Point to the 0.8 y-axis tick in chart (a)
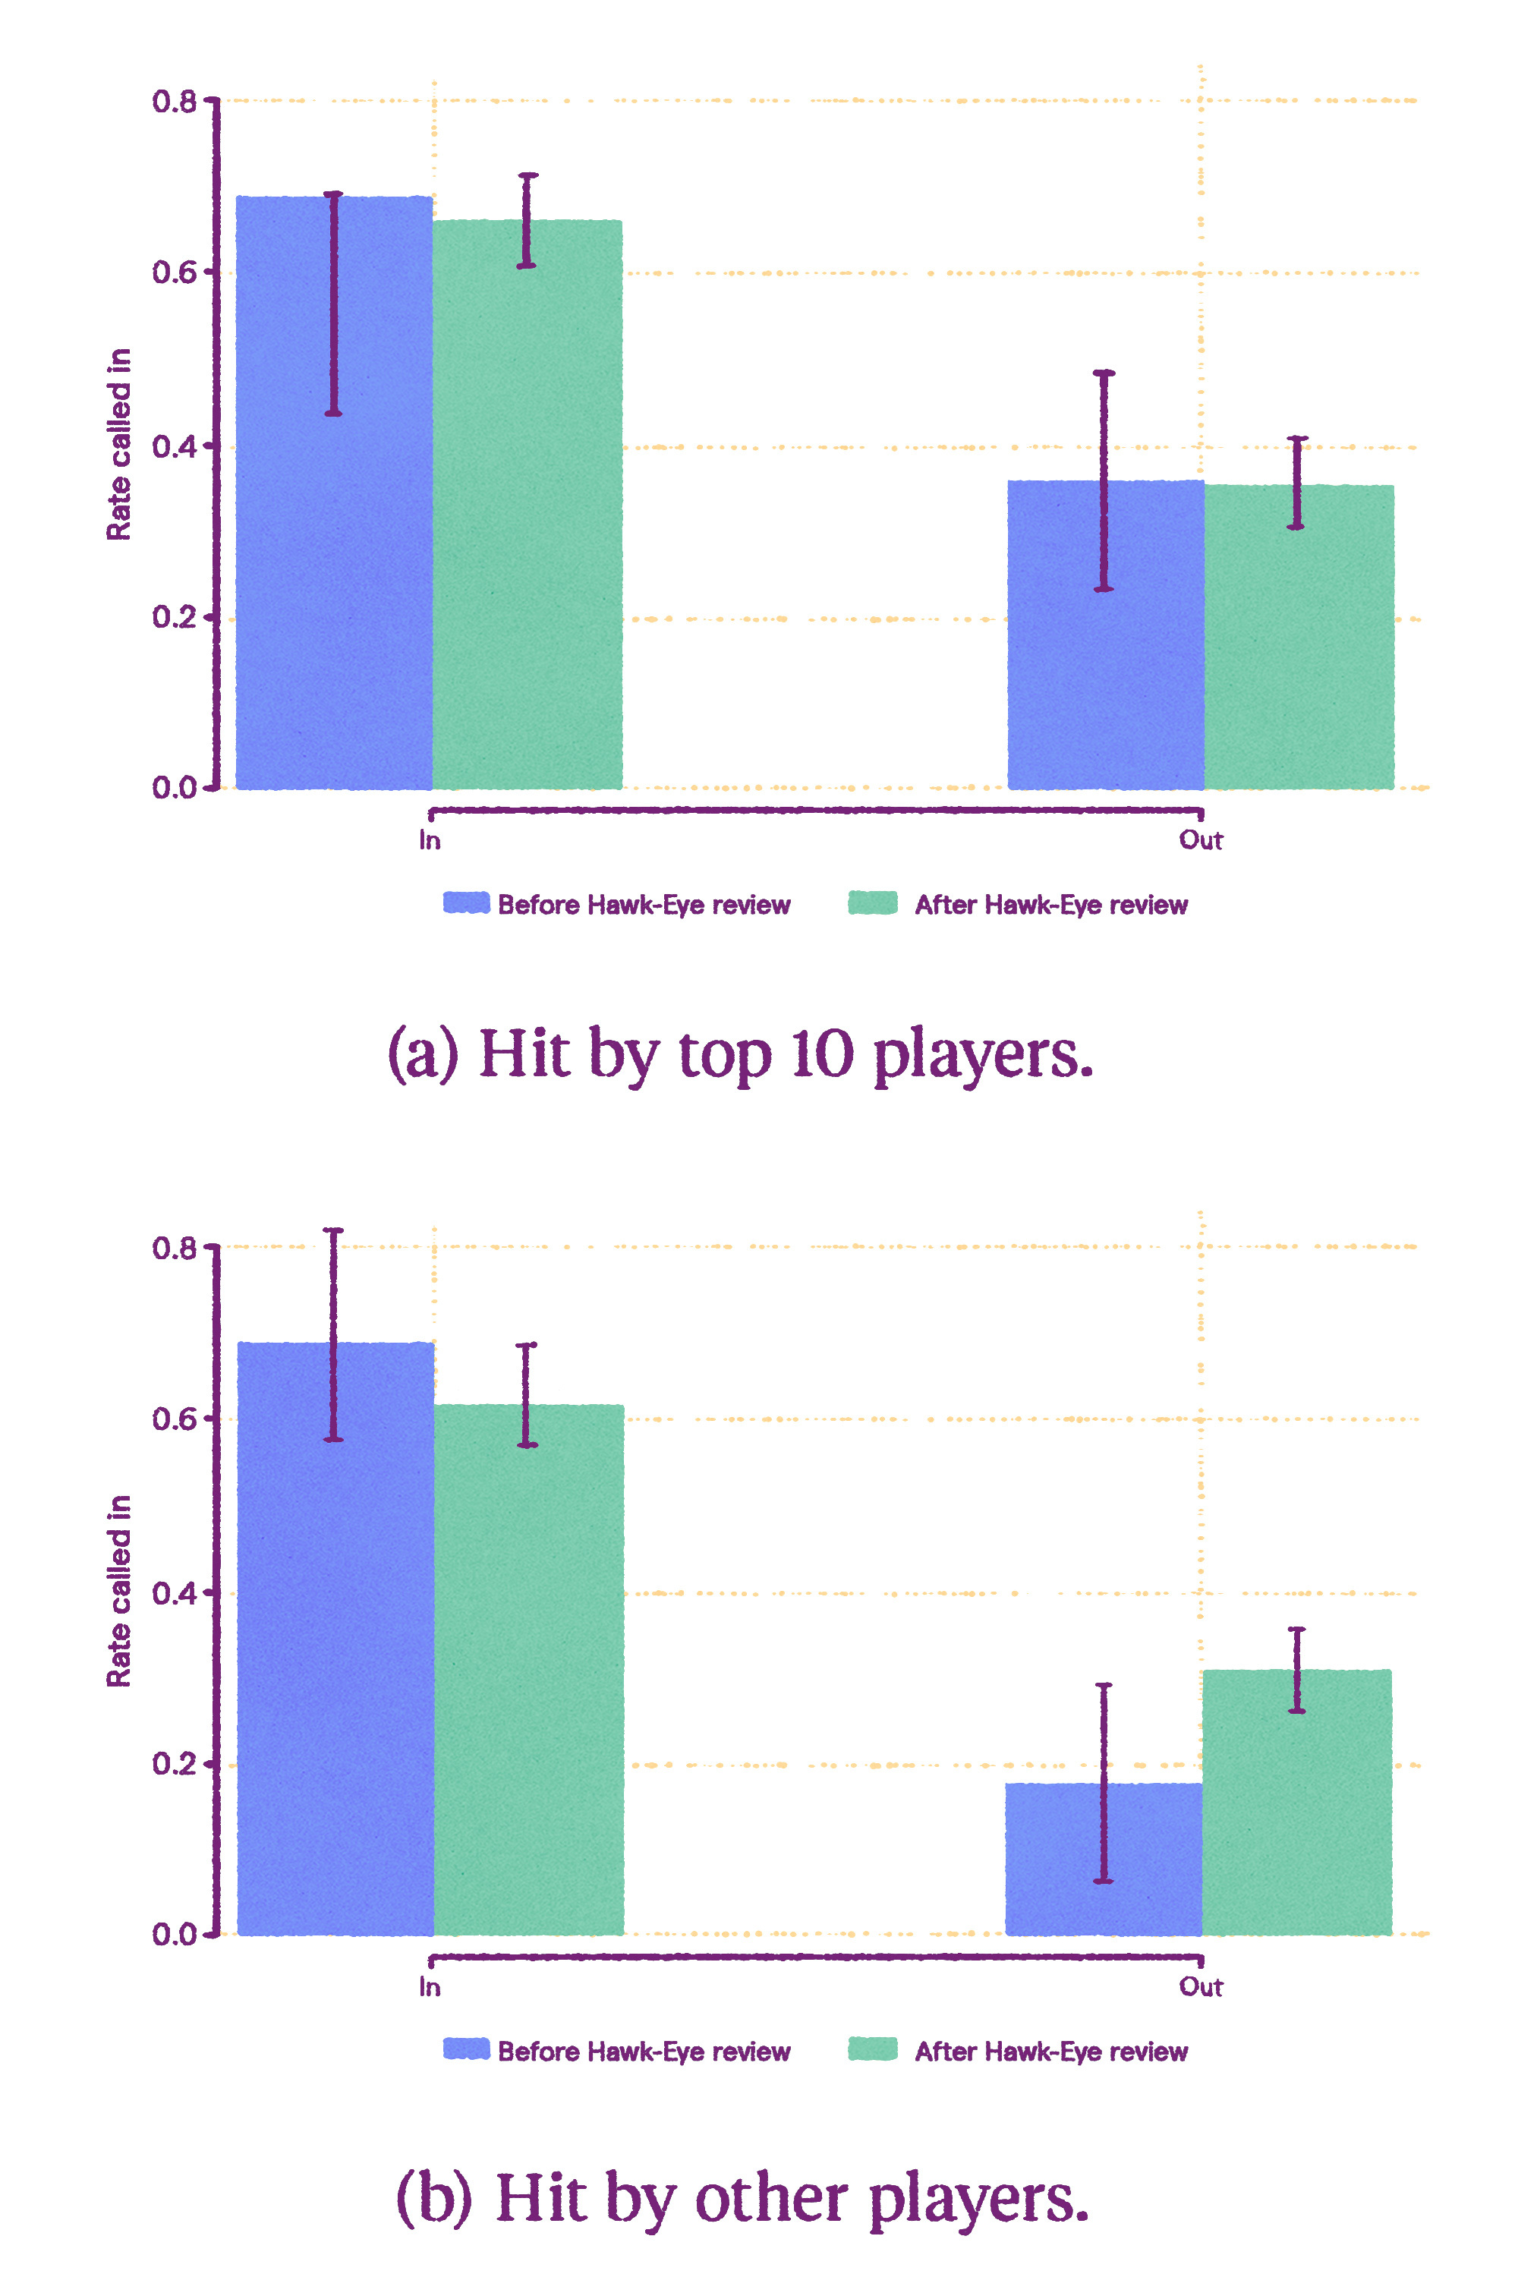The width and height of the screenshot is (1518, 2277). tap(175, 101)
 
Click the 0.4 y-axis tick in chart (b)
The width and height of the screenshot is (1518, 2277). tap(175, 1592)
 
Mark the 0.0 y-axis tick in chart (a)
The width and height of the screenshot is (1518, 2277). tap(175, 788)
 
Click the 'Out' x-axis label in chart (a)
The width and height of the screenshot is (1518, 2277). tap(1201, 840)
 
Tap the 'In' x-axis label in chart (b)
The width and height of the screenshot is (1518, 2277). tap(430, 1986)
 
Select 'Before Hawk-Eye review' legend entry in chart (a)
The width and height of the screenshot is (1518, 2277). tap(644, 905)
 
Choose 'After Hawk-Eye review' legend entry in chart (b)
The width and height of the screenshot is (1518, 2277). tap(1051, 2052)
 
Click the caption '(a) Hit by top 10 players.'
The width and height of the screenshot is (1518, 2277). tap(741, 1053)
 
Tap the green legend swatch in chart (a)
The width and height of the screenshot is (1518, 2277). tap(872, 903)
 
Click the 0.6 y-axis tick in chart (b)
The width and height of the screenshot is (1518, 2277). tap(175, 1419)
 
